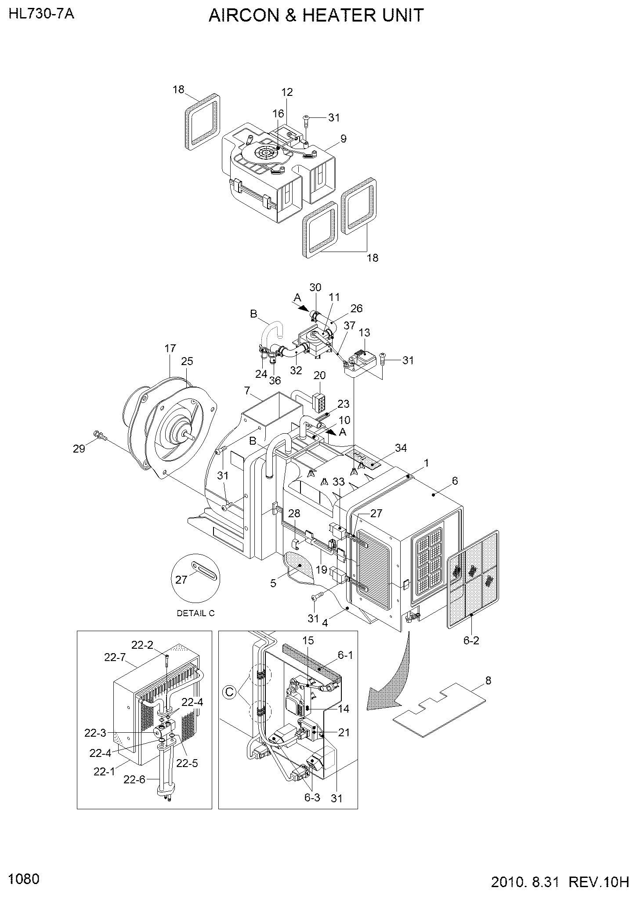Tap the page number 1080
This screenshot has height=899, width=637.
tap(24, 879)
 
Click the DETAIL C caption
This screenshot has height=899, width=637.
tap(195, 613)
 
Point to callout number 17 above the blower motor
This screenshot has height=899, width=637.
tap(170, 349)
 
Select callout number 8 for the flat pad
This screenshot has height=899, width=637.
tap(488, 680)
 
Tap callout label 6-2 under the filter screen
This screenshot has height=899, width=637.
tap(471, 641)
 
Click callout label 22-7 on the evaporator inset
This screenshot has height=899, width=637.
tap(115, 657)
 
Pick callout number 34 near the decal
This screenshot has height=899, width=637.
tap(401, 448)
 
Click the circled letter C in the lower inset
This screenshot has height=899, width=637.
tap(229, 692)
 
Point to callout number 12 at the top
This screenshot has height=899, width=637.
tap(287, 92)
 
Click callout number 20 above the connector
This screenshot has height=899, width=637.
tap(319, 375)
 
